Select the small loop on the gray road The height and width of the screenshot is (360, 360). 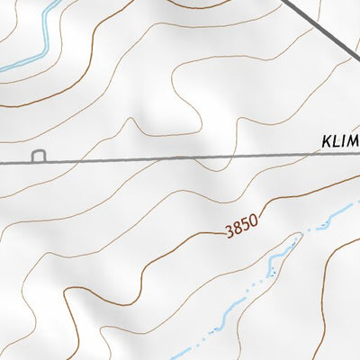(x=39, y=157)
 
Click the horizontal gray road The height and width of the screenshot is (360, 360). (x=180, y=159)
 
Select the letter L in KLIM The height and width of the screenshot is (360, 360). (x=337, y=141)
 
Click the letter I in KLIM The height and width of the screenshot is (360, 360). (x=344, y=141)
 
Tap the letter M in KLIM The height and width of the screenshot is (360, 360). (x=354, y=141)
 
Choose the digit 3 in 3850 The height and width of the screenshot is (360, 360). (x=229, y=233)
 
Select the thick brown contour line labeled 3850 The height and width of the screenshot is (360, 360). (x=180, y=246)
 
